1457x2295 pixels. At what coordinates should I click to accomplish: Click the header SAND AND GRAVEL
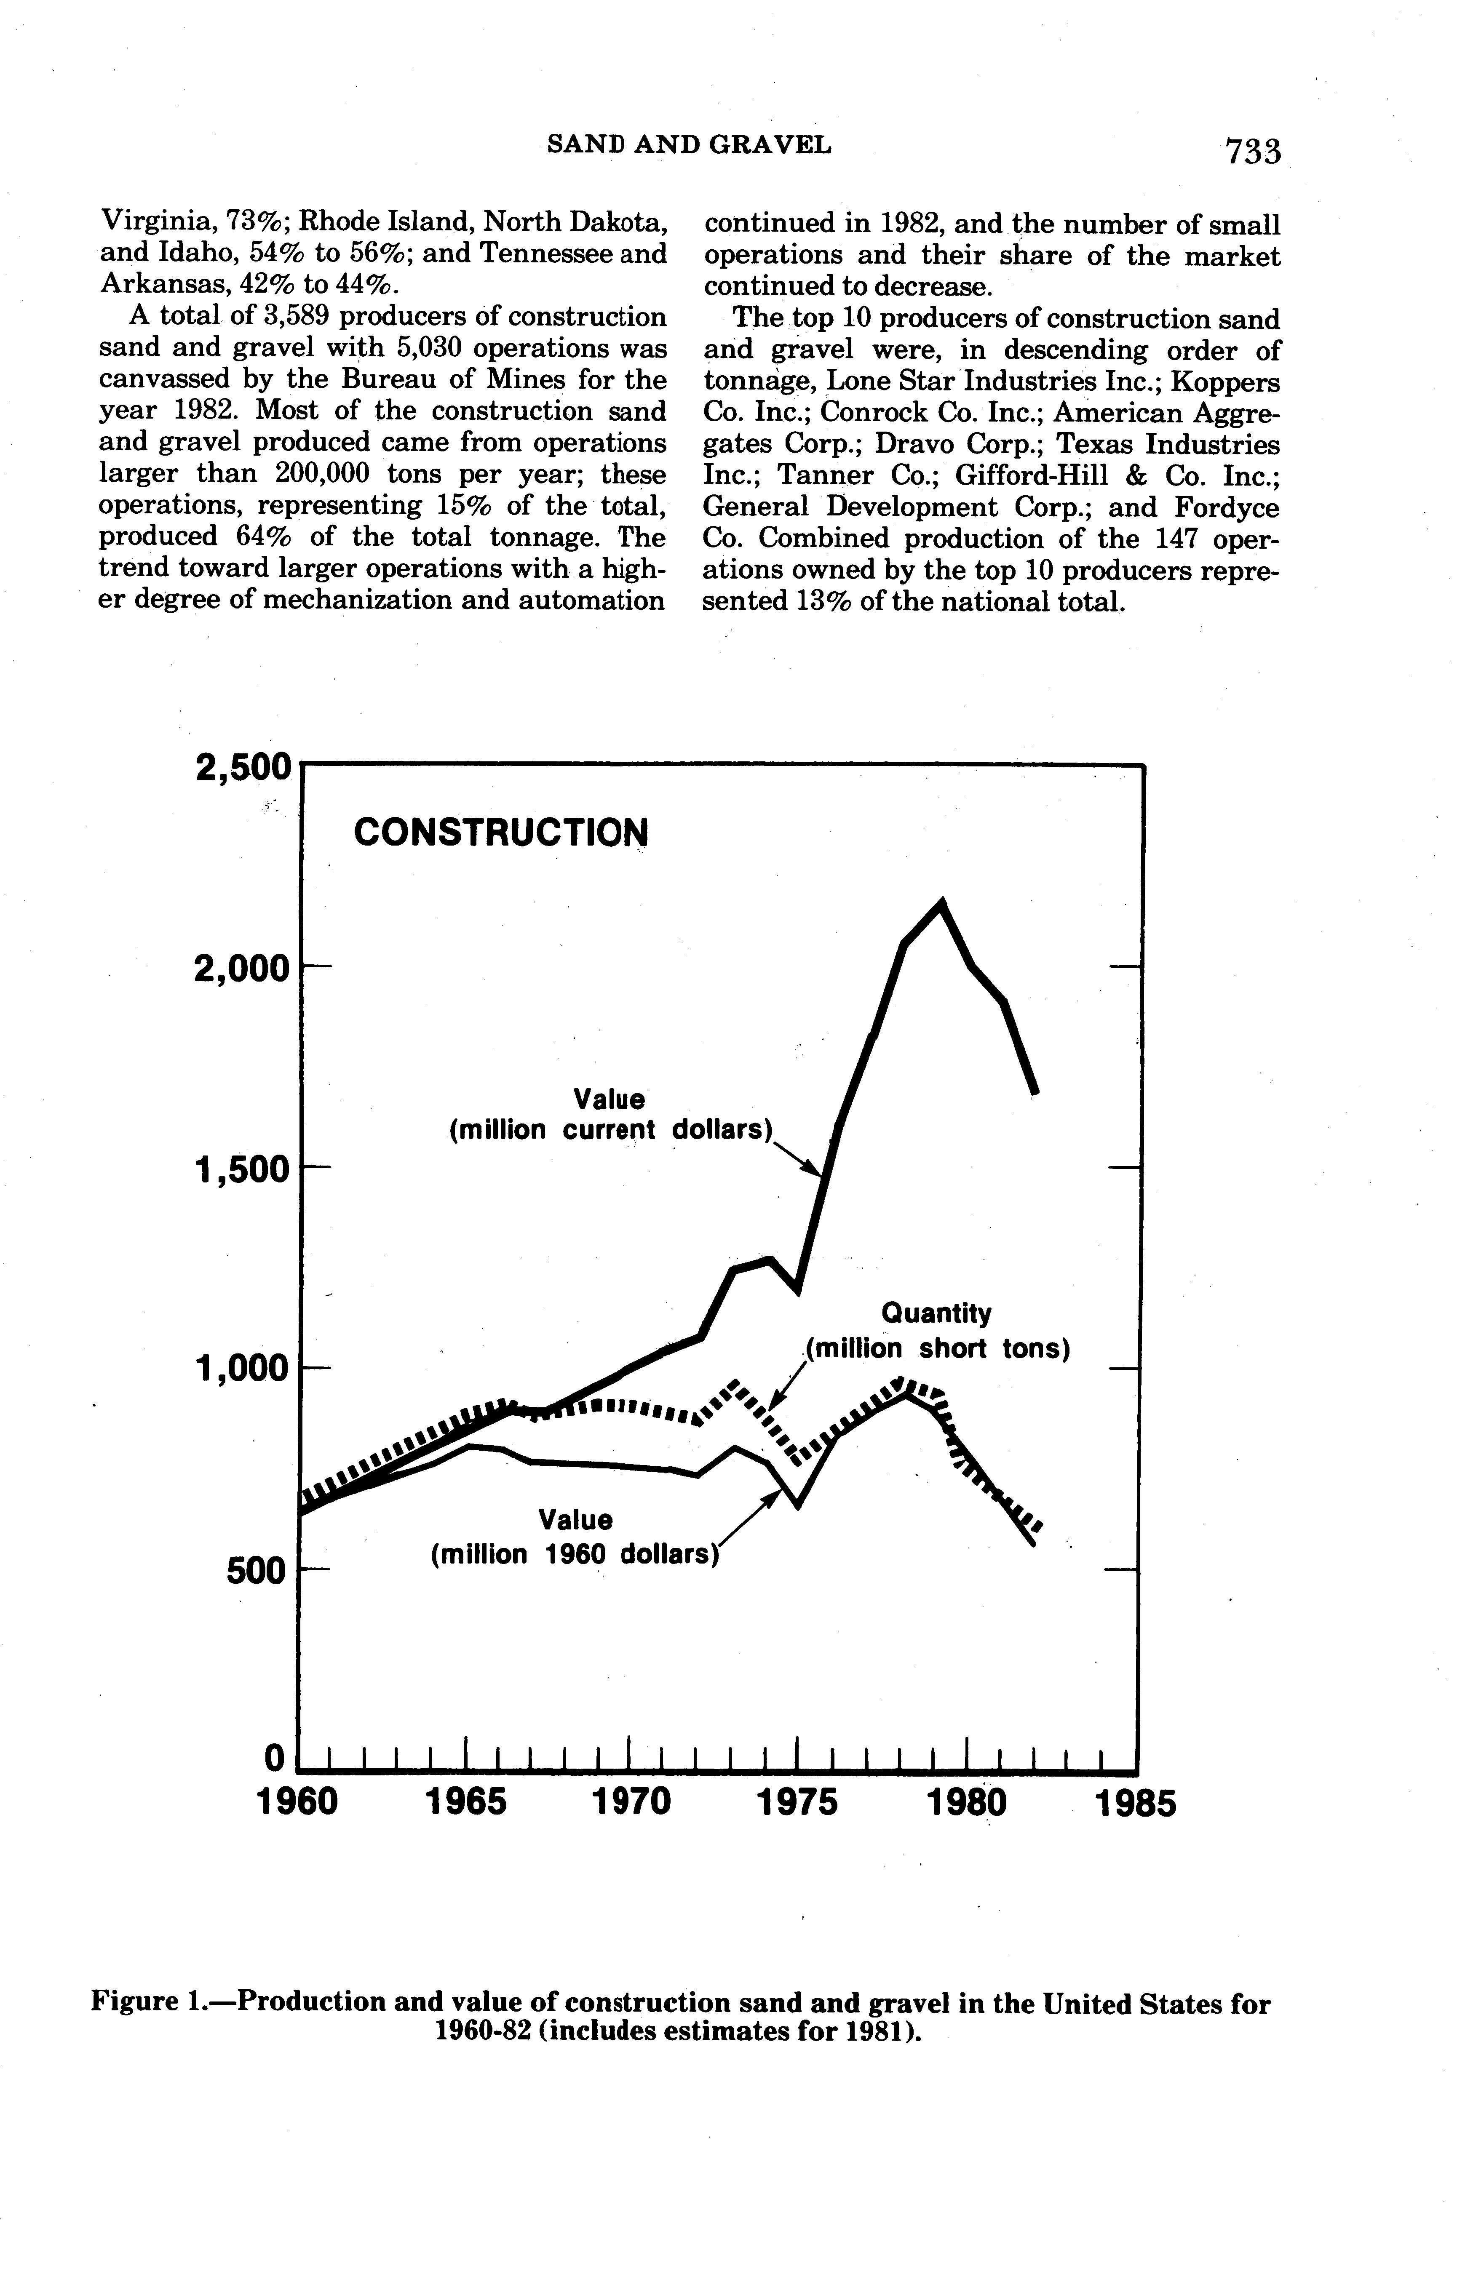click(688, 145)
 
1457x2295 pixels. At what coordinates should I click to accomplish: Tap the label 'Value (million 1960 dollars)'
click(574, 1536)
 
